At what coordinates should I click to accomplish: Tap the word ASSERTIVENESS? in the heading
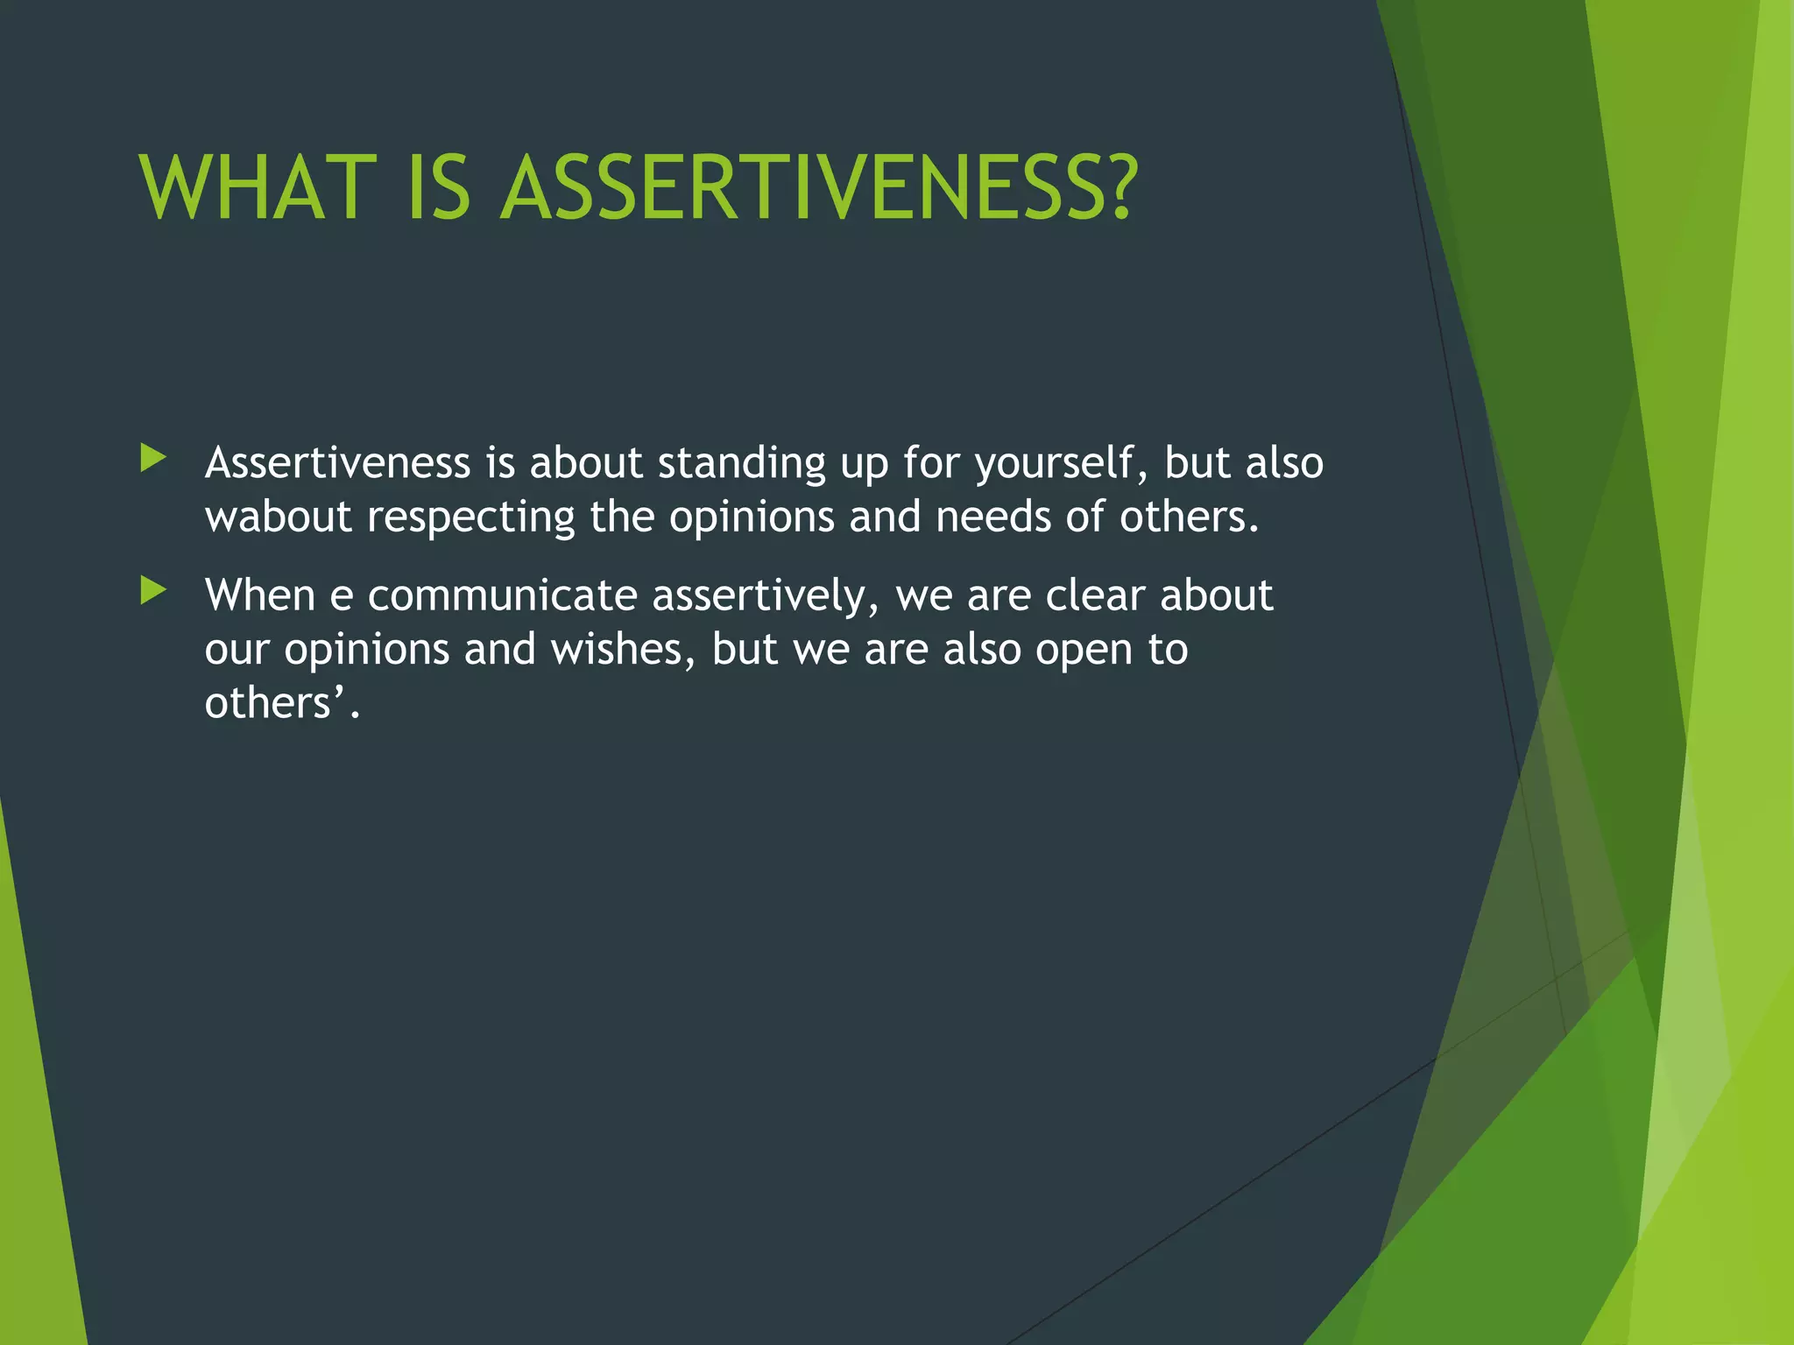point(819,188)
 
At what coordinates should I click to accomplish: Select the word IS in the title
point(439,188)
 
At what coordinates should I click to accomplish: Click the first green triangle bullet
point(153,457)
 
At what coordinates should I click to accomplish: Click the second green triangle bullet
point(153,590)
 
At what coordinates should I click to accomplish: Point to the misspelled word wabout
point(278,517)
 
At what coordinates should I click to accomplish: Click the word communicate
point(502,596)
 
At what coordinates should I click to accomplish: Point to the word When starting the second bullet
point(259,595)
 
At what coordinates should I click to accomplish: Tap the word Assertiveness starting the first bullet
point(337,462)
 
